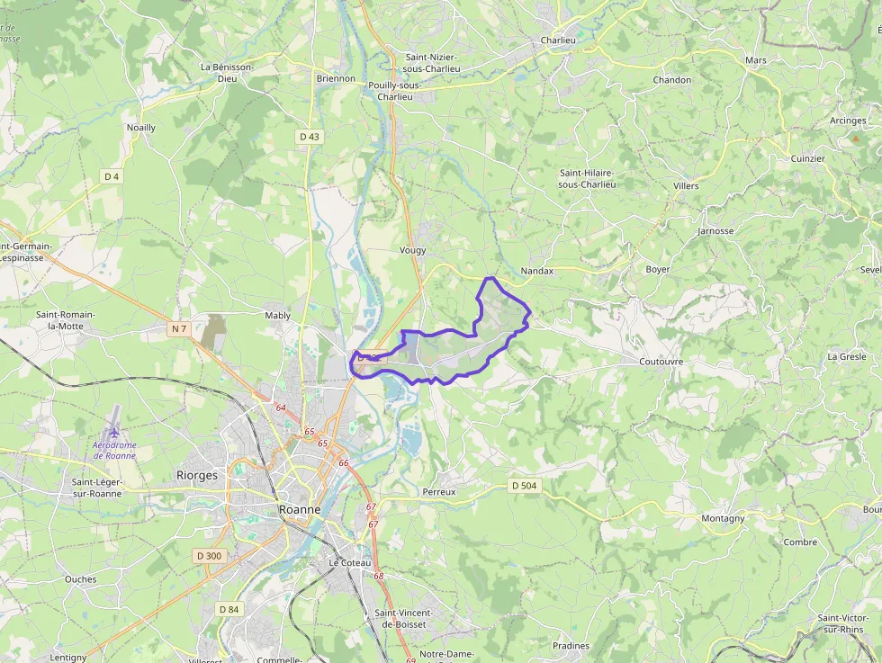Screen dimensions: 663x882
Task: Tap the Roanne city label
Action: (300, 509)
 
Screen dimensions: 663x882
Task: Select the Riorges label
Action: (197, 475)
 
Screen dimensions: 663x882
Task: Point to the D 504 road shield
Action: (524, 486)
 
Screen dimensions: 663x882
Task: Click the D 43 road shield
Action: (309, 137)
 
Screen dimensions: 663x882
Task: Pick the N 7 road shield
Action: (179, 329)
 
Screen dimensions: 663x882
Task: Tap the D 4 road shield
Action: (112, 176)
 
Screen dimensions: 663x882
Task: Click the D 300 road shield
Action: (209, 556)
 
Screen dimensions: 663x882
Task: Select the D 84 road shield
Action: (229, 609)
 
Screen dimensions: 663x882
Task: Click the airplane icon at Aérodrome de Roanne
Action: (114, 434)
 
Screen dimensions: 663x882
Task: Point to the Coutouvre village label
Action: (661, 361)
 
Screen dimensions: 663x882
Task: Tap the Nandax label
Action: (537, 271)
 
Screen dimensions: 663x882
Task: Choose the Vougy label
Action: (412, 250)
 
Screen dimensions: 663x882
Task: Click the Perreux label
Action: (439, 492)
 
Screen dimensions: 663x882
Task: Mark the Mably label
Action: (278, 316)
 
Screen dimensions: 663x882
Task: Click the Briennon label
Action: (336, 78)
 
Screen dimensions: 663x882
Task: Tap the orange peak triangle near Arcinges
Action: (855, 139)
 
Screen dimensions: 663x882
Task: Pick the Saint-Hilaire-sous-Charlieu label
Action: (587, 178)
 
